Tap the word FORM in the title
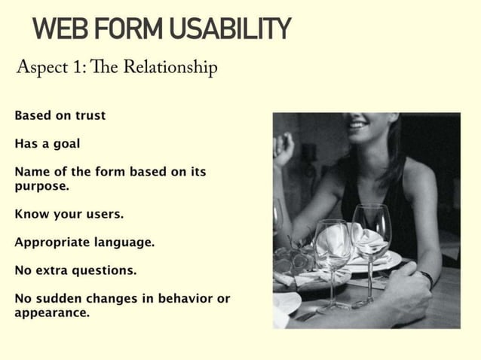(127, 29)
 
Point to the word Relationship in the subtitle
(170, 69)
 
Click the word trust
(90, 116)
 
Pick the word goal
(66, 143)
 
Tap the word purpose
(41, 185)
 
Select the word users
(103, 214)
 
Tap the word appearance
(51, 312)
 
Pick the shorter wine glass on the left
(332, 249)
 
